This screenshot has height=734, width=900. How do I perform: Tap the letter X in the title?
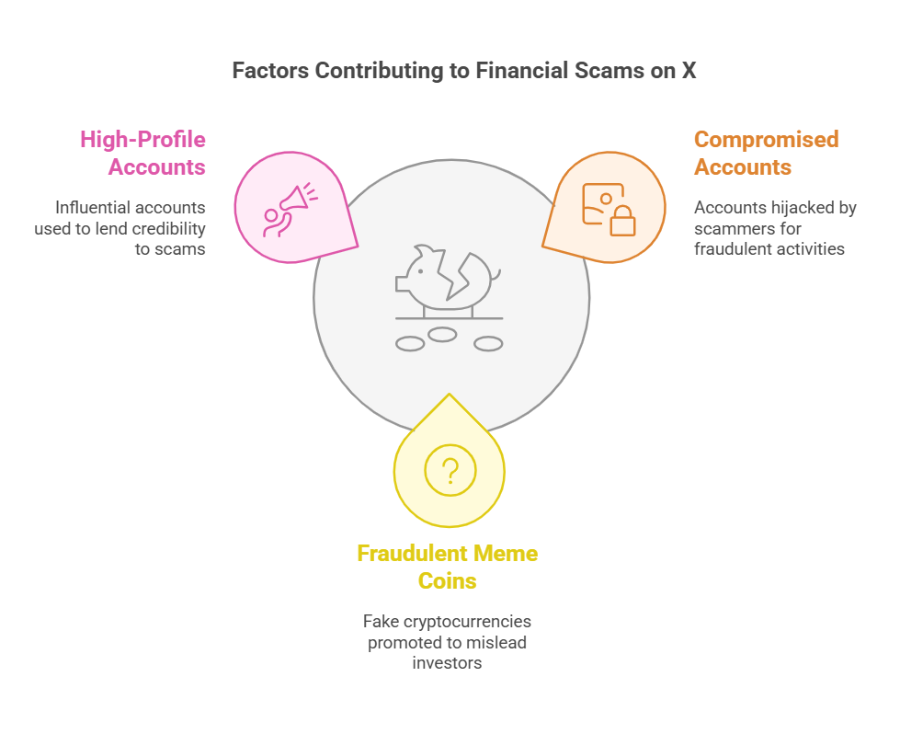pos(688,71)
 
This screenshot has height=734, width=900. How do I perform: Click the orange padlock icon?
pos(622,220)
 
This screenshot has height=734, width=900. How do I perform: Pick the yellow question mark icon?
pos(450,471)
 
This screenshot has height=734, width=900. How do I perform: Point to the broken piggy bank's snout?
pos(402,284)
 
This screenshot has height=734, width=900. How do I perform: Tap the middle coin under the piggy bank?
pos(442,335)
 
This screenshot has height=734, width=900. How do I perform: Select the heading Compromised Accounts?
pos(766,154)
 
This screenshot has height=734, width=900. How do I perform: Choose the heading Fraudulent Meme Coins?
pos(448,567)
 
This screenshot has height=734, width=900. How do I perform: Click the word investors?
pos(448,662)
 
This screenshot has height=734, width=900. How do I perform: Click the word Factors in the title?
pos(267,71)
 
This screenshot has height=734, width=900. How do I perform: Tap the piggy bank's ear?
pos(423,251)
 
